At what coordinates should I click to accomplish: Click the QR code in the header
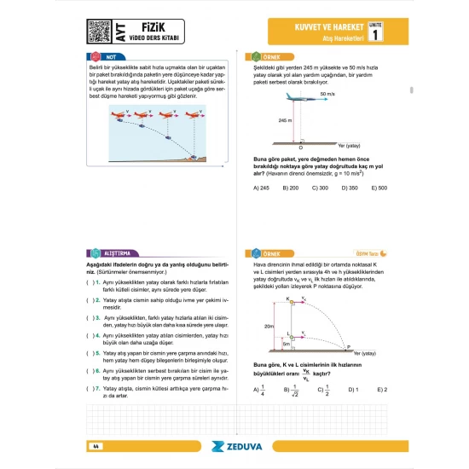tap(100, 32)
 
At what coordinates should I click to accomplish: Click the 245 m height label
tap(284, 121)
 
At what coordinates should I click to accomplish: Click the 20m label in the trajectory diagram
tap(269, 326)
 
